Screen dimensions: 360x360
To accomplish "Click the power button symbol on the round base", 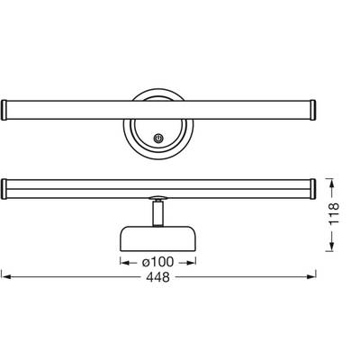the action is coord(158,139).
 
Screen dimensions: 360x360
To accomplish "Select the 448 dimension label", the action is coord(157,277).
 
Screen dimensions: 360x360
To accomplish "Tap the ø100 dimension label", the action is coord(157,262).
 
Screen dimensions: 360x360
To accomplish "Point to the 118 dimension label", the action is coord(334,213).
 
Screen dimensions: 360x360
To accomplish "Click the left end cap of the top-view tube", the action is coord(4,110).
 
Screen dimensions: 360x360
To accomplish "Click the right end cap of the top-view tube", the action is coord(313,110).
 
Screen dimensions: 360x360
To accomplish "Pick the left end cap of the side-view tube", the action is coord(4,189).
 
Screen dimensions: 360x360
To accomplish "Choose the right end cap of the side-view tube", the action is coord(313,189).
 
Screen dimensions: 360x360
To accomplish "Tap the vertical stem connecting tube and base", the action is coord(157,213).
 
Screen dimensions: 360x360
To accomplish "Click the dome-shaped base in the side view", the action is coord(158,238).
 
